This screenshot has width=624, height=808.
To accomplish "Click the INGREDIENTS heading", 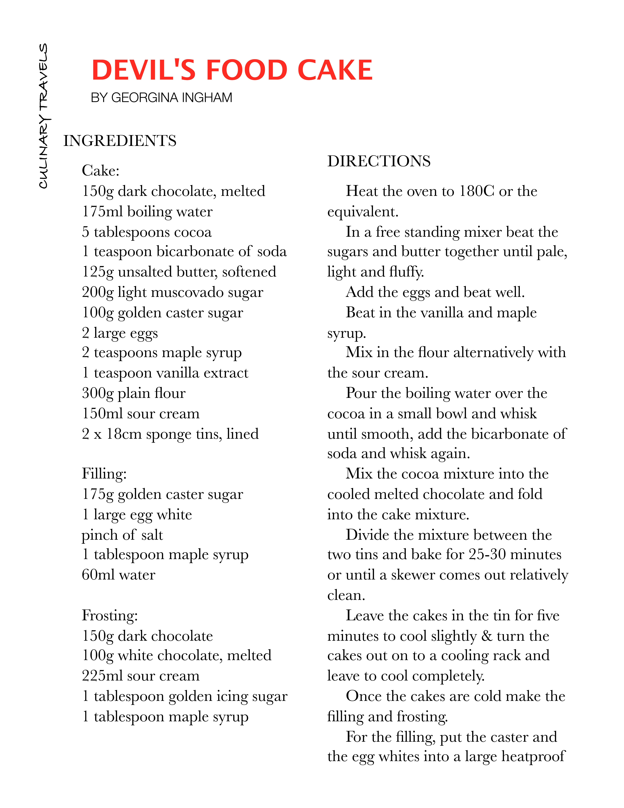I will [x=120, y=141].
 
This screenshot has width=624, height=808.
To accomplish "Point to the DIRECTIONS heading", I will [x=379, y=161].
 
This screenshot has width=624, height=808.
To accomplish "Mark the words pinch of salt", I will [x=122, y=535].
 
